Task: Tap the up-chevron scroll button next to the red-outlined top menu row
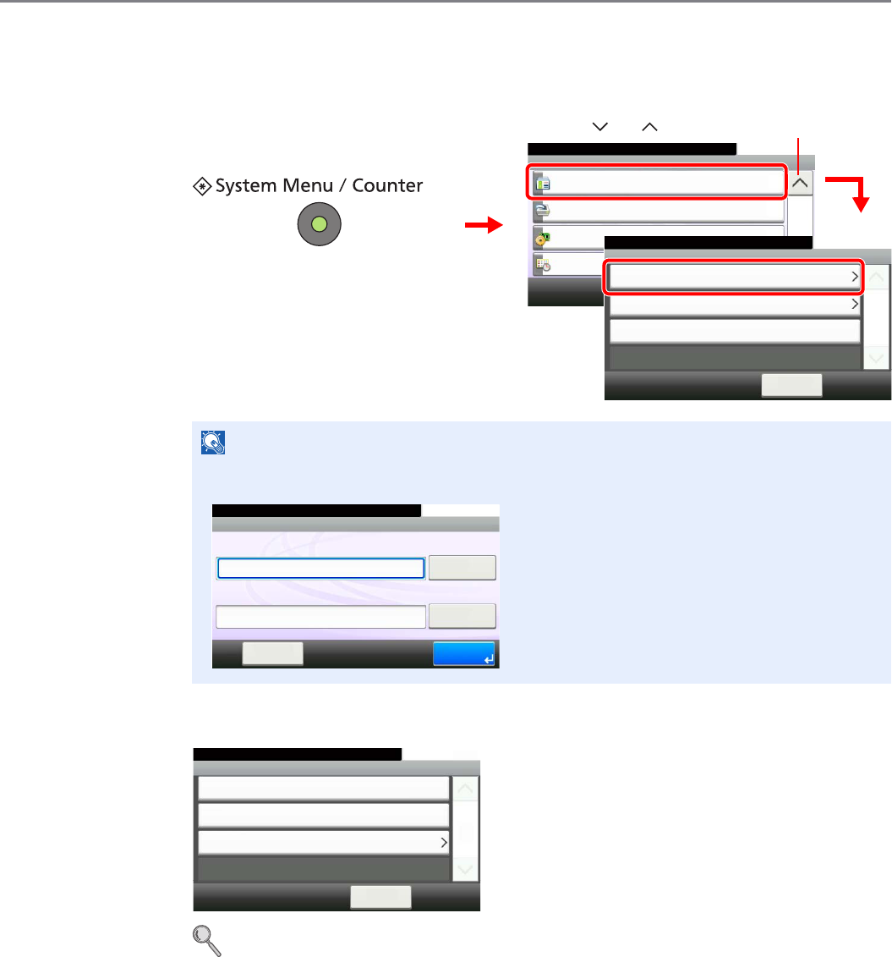pos(800,182)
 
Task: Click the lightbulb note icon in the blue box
pos(212,442)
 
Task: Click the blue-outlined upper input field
pos(320,568)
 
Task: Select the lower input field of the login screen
pos(320,617)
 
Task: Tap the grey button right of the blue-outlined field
pos(462,568)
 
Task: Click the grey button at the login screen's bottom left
pos(272,653)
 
